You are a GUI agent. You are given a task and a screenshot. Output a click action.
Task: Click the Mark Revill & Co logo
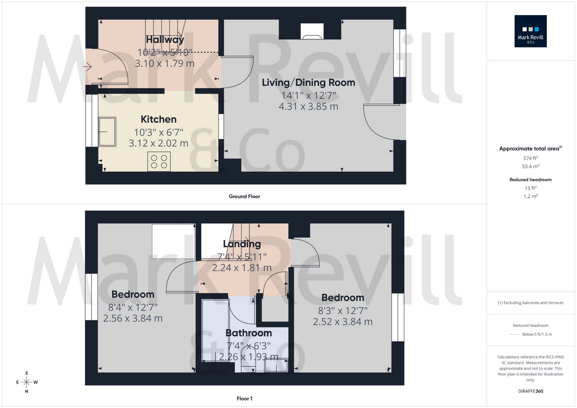pyautogui.click(x=530, y=31)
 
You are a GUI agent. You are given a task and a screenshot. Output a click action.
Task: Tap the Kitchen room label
pyautogui.click(x=158, y=119)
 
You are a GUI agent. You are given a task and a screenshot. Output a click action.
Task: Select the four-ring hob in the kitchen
pyautogui.click(x=159, y=161)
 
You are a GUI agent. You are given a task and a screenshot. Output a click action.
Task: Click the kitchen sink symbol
pyautogui.click(x=107, y=132)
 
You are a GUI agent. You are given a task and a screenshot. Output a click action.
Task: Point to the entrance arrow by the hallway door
pyautogui.click(x=87, y=67)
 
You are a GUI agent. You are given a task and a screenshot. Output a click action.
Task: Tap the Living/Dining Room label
pyautogui.click(x=308, y=83)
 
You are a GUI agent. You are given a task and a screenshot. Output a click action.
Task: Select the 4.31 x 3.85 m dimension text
pyautogui.click(x=308, y=106)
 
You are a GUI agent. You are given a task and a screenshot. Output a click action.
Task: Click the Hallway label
pyautogui.click(x=165, y=40)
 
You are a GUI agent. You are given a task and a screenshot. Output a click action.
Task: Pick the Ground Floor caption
pyautogui.click(x=244, y=196)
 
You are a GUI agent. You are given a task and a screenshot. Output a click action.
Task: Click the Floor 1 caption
pyautogui.click(x=244, y=398)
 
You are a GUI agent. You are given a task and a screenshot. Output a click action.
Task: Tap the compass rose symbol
pyautogui.click(x=26, y=382)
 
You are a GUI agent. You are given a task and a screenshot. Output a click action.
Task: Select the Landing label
pyautogui.click(x=242, y=244)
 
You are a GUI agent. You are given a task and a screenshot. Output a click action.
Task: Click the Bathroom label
pyautogui.click(x=248, y=333)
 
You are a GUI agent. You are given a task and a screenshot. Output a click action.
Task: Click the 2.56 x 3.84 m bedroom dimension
pyautogui.click(x=133, y=318)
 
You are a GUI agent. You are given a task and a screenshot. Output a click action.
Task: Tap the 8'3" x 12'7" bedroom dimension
pyautogui.click(x=342, y=310)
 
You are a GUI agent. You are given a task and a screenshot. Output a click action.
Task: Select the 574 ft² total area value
pyautogui.click(x=530, y=158)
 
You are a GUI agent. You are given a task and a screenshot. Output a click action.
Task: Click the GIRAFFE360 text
pyautogui.click(x=530, y=391)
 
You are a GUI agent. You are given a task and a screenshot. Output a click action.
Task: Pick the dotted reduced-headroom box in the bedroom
pyautogui.click(x=173, y=241)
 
